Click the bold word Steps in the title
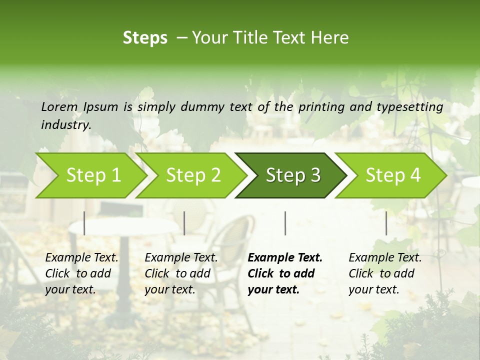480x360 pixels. click(x=145, y=38)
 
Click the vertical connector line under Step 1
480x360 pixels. click(x=84, y=223)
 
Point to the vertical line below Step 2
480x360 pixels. click(x=184, y=223)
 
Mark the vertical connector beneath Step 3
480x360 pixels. click(x=285, y=223)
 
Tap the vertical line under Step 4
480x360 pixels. click(x=386, y=223)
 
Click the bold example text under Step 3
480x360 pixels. click(x=284, y=273)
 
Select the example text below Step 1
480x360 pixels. click(x=81, y=273)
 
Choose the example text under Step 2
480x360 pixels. click(x=181, y=273)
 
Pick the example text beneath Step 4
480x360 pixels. click(x=384, y=273)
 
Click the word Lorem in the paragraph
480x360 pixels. click(x=59, y=106)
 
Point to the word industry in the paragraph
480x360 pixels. click(x=65, y=125)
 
